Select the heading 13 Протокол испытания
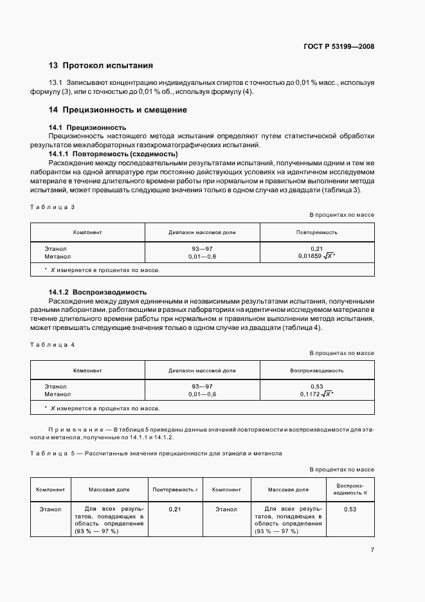pyautogui.click(x=101, y=65)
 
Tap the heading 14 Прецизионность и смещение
pyautogui.click(x=118, y=110)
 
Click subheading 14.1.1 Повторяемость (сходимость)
pyautogui.click(x=113, y=154)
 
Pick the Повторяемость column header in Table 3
pyautogui.click(x=316, y=232)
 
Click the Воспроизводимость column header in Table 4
pyautogui.click(x=316, y=370)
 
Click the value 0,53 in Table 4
pyautogui.click(x=316, y=386)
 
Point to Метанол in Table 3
pyautogui.click(x=58, y=256)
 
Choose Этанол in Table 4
pyautogui.click(x=56, y=386)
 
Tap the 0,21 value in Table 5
pyautogui.click(x=174, y=509)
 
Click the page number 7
pyautogui.click(x=372, y=549)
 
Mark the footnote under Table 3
pyautogui.click(x=102, y=270)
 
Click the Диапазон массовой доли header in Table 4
pyautogui.click(x=202, y=370)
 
